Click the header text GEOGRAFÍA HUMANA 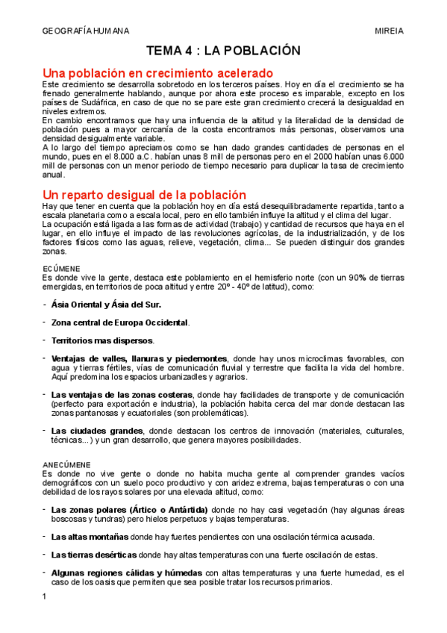click(x=85, y=31)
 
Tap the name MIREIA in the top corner click(x=389, y=31)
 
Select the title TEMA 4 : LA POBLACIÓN click(x=223, y=51)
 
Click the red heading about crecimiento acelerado click(x=158, y=73)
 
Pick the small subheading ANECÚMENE click(x=67, y=464)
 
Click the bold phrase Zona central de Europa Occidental click(x=119, y=322)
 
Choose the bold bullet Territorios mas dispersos click(x=101, y=340)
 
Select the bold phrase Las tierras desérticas click(x=94, y=555)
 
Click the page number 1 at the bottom click(x=45, y=596)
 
